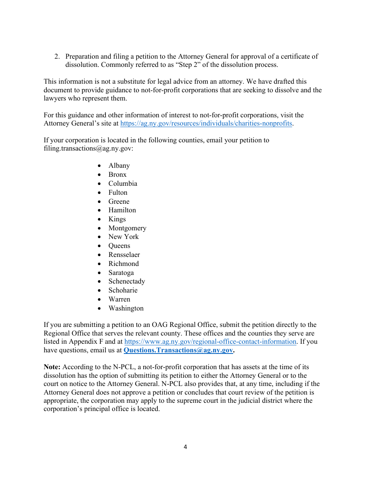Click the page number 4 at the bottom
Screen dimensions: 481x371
click(185, 447)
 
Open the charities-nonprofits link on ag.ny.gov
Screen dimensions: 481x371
click(206, 124)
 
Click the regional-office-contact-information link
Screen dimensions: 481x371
click(210, 341)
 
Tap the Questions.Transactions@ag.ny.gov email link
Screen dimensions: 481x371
click(178, 350)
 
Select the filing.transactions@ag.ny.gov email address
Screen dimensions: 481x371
click(88, 149)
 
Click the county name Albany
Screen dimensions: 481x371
click(119, 165)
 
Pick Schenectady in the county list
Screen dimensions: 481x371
click(127, 281)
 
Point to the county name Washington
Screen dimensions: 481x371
click(126, 308)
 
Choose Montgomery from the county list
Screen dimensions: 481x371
click(127, 228)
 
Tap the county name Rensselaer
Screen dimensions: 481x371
click(124, 255)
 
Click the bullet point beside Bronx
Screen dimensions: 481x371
click(100, 175)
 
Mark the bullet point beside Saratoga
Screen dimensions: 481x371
click(100, 273)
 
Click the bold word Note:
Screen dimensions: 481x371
click(52, 367)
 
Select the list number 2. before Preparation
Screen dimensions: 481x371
click(57, 56)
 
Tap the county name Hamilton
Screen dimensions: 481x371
click(122, 210)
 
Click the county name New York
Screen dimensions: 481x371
click(123, 237)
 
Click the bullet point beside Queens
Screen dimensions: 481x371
click(100, 246)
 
